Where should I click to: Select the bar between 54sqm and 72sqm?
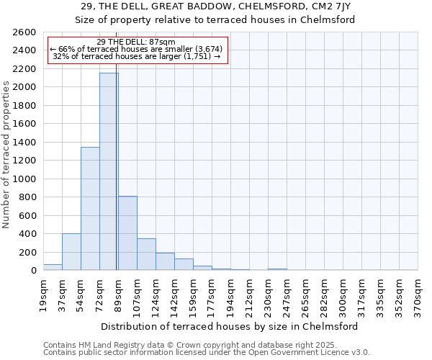tap(90, 209)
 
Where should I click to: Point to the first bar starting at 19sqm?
tap(53, 267)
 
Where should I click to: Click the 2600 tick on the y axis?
tap(24, 32)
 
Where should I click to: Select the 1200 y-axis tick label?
tap(24, 161)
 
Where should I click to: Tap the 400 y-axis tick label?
tap(27, 234)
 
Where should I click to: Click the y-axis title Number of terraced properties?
tap(6, 155)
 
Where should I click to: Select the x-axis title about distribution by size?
tap(230, 326)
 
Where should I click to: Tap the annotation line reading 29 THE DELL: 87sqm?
tap(136, 42)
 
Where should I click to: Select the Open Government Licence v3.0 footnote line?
tap(207, 353)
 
